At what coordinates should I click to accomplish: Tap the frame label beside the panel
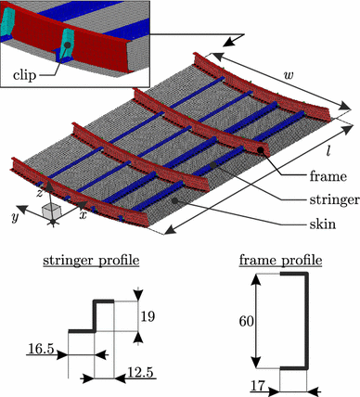303,173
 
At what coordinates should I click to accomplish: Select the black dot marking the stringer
214,164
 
